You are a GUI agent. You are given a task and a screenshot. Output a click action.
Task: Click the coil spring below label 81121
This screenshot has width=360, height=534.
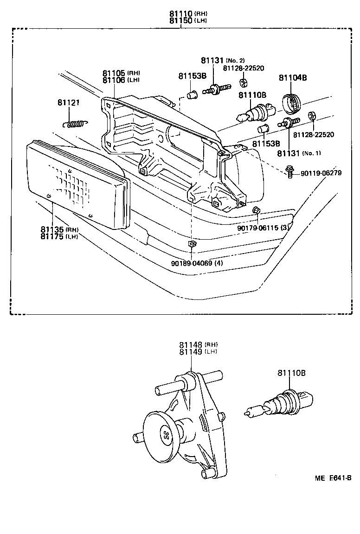74,124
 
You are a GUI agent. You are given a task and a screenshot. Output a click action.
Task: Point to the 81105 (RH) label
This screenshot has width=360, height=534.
121,73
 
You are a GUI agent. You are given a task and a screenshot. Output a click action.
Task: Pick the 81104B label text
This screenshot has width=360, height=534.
293,78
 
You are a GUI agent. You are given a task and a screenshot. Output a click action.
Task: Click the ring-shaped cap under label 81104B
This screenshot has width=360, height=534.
292,103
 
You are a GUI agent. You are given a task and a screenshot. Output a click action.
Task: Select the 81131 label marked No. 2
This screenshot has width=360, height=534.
223,61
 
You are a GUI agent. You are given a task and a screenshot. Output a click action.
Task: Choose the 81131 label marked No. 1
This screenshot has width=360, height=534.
299,153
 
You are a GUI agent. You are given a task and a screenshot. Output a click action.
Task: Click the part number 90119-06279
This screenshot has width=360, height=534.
321,173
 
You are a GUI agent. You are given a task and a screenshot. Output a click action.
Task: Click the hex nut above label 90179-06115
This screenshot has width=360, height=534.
256,211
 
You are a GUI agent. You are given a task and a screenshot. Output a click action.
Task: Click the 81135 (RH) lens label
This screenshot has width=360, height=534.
59,229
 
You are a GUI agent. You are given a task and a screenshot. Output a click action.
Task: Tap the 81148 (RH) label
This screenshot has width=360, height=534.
198,345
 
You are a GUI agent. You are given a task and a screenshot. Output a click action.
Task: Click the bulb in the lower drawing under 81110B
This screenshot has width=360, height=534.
279,403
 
